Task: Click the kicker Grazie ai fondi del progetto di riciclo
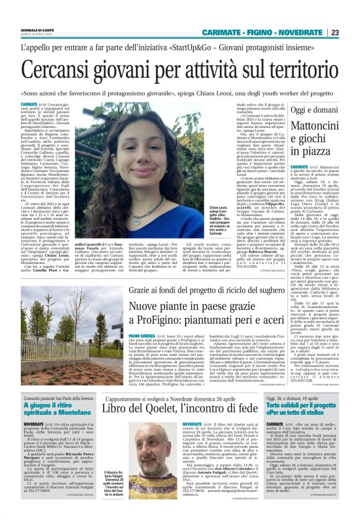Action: pyautogui.click(x=218, y=291)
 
